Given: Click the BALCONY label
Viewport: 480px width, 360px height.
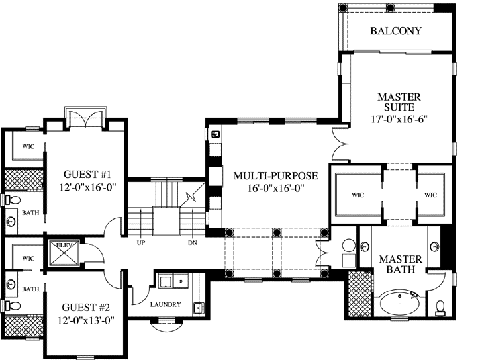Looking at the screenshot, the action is click(x=396, y=31).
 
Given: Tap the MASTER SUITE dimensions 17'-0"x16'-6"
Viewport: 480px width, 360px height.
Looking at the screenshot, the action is click(x=399, y=118).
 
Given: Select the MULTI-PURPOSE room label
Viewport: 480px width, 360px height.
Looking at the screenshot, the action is click(x=276, y=176).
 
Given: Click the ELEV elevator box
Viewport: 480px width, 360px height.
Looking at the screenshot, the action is click(x=64, y=253).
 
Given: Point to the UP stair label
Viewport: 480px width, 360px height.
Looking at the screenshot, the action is click(x=141, y=243).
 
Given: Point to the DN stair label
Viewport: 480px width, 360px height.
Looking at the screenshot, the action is click(x=193, y=243).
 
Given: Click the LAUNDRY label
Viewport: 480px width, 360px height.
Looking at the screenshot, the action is click(x=166, y=304).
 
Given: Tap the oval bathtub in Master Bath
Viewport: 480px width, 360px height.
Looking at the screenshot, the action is click(x=400, y=303).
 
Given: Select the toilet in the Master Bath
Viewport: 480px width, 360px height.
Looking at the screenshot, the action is click(x=440, y=308).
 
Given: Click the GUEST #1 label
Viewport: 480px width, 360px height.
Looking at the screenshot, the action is click(x=87, y=174).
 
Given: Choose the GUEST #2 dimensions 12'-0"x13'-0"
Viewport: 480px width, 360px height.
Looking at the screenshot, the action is click(x=86, y=320).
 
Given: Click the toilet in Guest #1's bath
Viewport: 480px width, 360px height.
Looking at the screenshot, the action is click(x=12, y=200).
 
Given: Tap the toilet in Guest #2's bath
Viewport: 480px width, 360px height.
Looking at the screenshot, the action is click(x=12, y=305).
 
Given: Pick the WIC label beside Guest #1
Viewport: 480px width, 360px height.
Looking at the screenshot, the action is click(x=28, y=146).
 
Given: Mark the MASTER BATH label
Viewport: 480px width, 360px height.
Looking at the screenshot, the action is click(x=401, y=264).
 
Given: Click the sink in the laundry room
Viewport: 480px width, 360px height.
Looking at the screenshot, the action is click(x=199, y=308).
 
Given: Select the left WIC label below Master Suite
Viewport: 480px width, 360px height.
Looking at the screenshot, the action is click(x=358, y=195).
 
